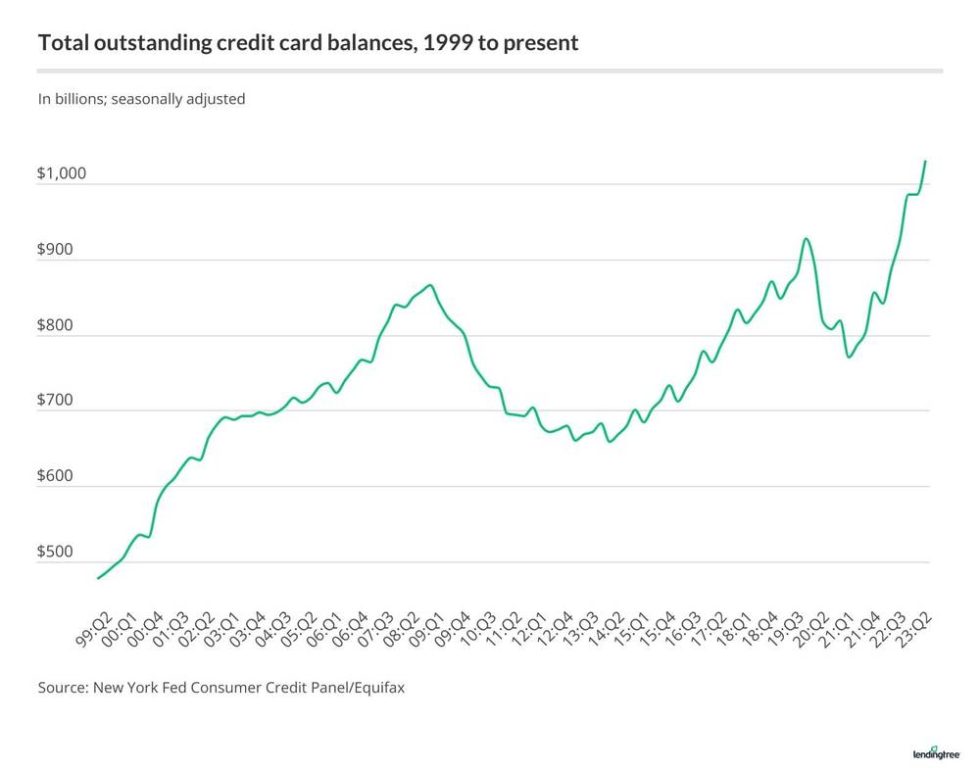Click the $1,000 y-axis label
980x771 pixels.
62,174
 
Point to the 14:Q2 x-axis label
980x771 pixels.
607,631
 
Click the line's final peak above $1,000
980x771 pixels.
926,161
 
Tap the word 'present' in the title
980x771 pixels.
547,43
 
